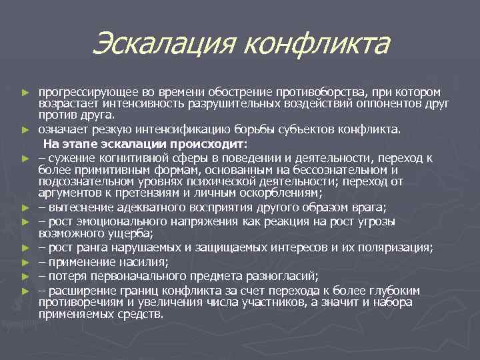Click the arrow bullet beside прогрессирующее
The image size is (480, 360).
click(x=25, y=92)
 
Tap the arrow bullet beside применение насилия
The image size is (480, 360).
click(x=25, y=263)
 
